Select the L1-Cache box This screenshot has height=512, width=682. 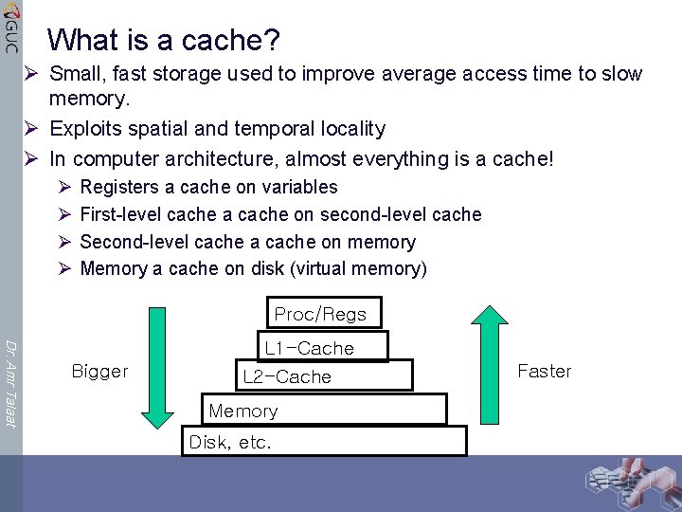point(321,347)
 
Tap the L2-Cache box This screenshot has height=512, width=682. point(321,376)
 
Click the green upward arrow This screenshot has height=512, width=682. point(491,370)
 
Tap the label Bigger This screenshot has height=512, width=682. point(99,371)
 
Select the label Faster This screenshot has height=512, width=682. point(545,371)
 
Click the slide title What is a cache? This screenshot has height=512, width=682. point(164,40)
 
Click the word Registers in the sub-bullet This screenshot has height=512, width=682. point(120,187)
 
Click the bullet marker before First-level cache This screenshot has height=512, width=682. point(63,215)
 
